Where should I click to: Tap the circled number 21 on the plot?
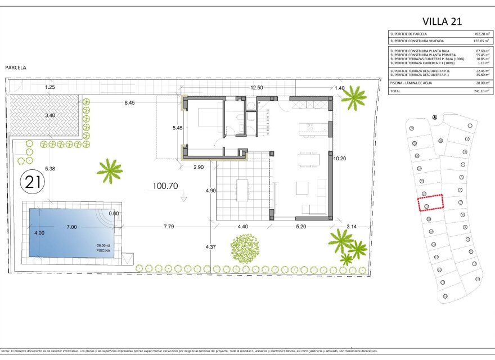click(33, 181)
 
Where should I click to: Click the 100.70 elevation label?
click(165, 185)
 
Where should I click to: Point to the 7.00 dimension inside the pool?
click(71, 227)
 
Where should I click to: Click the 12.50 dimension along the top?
click(256, 87)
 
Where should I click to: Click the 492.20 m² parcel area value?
click(481, 34)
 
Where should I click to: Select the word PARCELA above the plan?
click(16, 67)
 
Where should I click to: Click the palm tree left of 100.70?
click(110, 170)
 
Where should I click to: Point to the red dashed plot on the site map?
click(430, 202)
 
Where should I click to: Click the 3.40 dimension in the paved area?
click(50, 115)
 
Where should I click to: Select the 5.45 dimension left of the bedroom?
click(177, 128)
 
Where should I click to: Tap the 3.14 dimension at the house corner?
click(352, 226)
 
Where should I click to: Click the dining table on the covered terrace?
click(242, 190)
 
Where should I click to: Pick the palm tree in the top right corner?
click(354, 97)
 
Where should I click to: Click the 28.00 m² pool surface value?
click(481, 83)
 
